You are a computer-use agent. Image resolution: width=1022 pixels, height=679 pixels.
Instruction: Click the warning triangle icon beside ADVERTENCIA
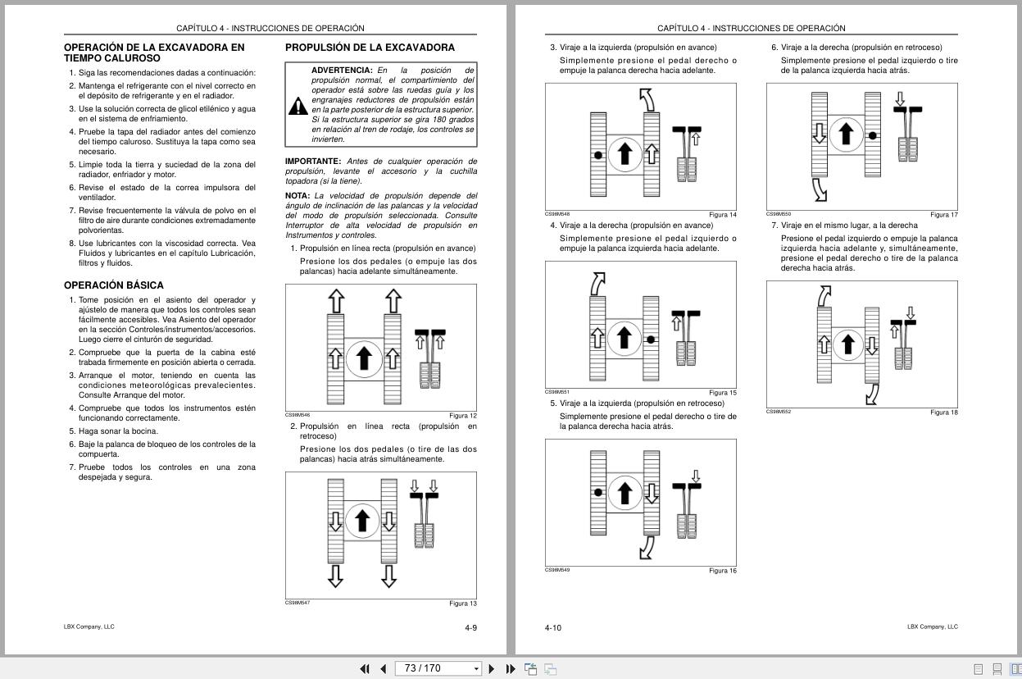(298, 106)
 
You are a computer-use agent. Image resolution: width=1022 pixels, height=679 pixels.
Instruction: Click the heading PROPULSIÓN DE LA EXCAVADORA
(370, 48)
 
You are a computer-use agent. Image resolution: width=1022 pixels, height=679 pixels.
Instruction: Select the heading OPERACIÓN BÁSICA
(114, 285)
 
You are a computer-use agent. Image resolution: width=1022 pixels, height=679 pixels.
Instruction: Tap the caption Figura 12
(462, 416)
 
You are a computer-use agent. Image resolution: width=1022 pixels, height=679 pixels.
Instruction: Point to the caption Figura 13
(462, 604)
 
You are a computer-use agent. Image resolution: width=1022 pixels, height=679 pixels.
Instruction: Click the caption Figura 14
(722, 215)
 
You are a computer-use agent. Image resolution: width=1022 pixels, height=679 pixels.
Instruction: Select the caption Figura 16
(722, 571)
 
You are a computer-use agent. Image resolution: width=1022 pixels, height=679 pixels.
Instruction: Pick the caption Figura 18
(943, 412)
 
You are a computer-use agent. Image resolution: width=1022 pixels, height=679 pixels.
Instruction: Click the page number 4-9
(470, 628)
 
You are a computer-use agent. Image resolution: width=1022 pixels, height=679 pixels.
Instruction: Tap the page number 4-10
(553, 628)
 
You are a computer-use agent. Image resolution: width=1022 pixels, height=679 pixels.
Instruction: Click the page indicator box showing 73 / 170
(438, 668)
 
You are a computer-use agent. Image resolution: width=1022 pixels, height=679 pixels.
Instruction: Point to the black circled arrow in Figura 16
(625, 493)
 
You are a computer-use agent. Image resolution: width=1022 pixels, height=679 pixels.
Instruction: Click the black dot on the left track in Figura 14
(598, 155)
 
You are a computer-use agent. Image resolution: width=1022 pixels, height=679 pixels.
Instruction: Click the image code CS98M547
(298, 603)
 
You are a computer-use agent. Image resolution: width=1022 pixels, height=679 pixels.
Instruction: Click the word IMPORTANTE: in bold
(313, 162)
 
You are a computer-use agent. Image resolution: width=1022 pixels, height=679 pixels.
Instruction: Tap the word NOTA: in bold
(298, 196)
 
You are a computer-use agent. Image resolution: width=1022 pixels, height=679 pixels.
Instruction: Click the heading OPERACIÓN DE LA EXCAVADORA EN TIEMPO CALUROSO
(154, 52)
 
